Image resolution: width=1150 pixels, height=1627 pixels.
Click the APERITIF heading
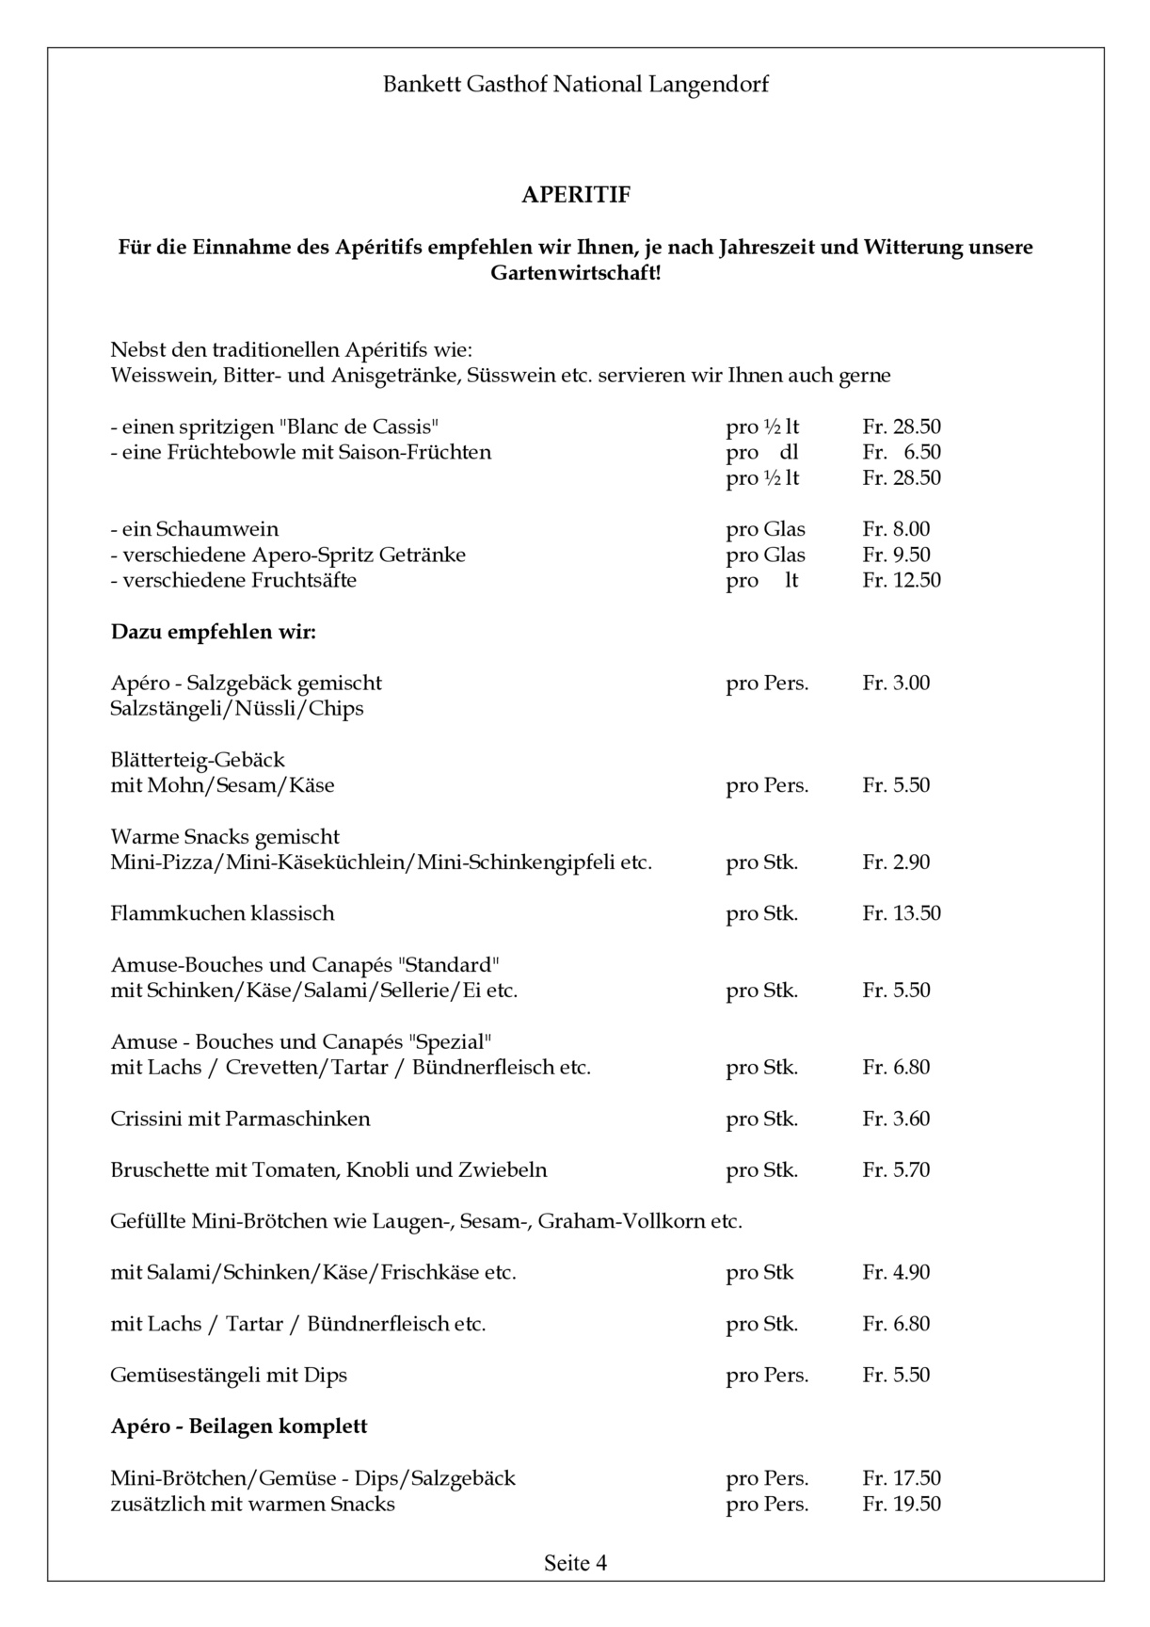(576, 195)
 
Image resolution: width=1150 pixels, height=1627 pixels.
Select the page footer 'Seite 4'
(575, 1563)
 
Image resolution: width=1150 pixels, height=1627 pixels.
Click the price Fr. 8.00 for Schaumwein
(896, 529)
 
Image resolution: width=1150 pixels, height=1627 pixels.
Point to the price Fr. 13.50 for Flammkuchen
(901, 913)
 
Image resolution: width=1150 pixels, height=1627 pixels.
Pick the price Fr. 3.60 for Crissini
(896, 1119)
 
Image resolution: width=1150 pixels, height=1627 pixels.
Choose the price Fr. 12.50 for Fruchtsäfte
(901, 580)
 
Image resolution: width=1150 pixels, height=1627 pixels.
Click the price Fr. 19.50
(901, 1504)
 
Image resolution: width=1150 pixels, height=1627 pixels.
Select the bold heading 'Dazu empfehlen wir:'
(214, 631)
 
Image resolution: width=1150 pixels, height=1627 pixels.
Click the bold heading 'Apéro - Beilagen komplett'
(239, 1426)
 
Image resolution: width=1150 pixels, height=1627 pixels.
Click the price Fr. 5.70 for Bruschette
(896, 1170)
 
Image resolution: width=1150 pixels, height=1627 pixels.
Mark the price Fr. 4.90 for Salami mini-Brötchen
(896, 1272)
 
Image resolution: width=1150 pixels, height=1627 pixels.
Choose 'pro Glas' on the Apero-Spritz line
(765, 555)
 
